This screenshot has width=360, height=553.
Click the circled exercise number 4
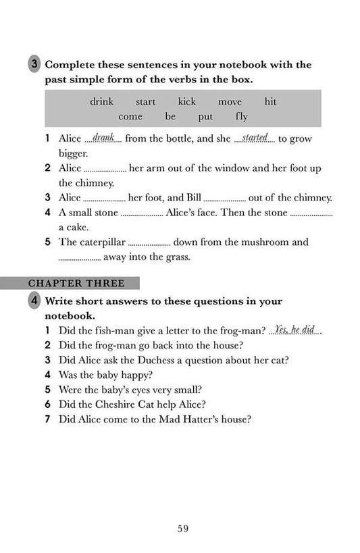(34, 300)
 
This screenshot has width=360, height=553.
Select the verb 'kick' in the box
(186, 102)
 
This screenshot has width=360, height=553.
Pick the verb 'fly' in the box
(241, 116)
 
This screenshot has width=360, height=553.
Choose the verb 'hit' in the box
(270, 102)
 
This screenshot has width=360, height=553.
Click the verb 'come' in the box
(131, 116)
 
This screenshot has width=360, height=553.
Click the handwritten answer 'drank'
(103, 138)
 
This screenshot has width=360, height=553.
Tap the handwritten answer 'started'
(255, 138)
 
